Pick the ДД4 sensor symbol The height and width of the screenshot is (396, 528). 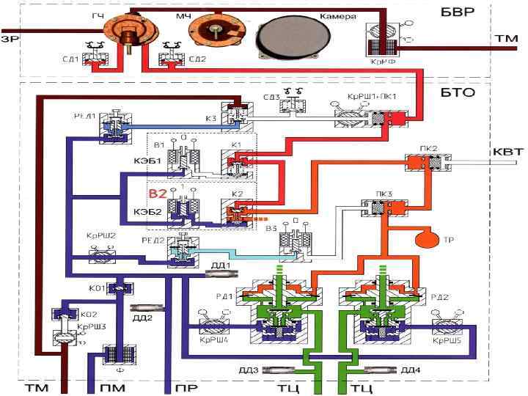(x=381, y=369)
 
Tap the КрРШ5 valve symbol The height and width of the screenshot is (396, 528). (x=446, y=326)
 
